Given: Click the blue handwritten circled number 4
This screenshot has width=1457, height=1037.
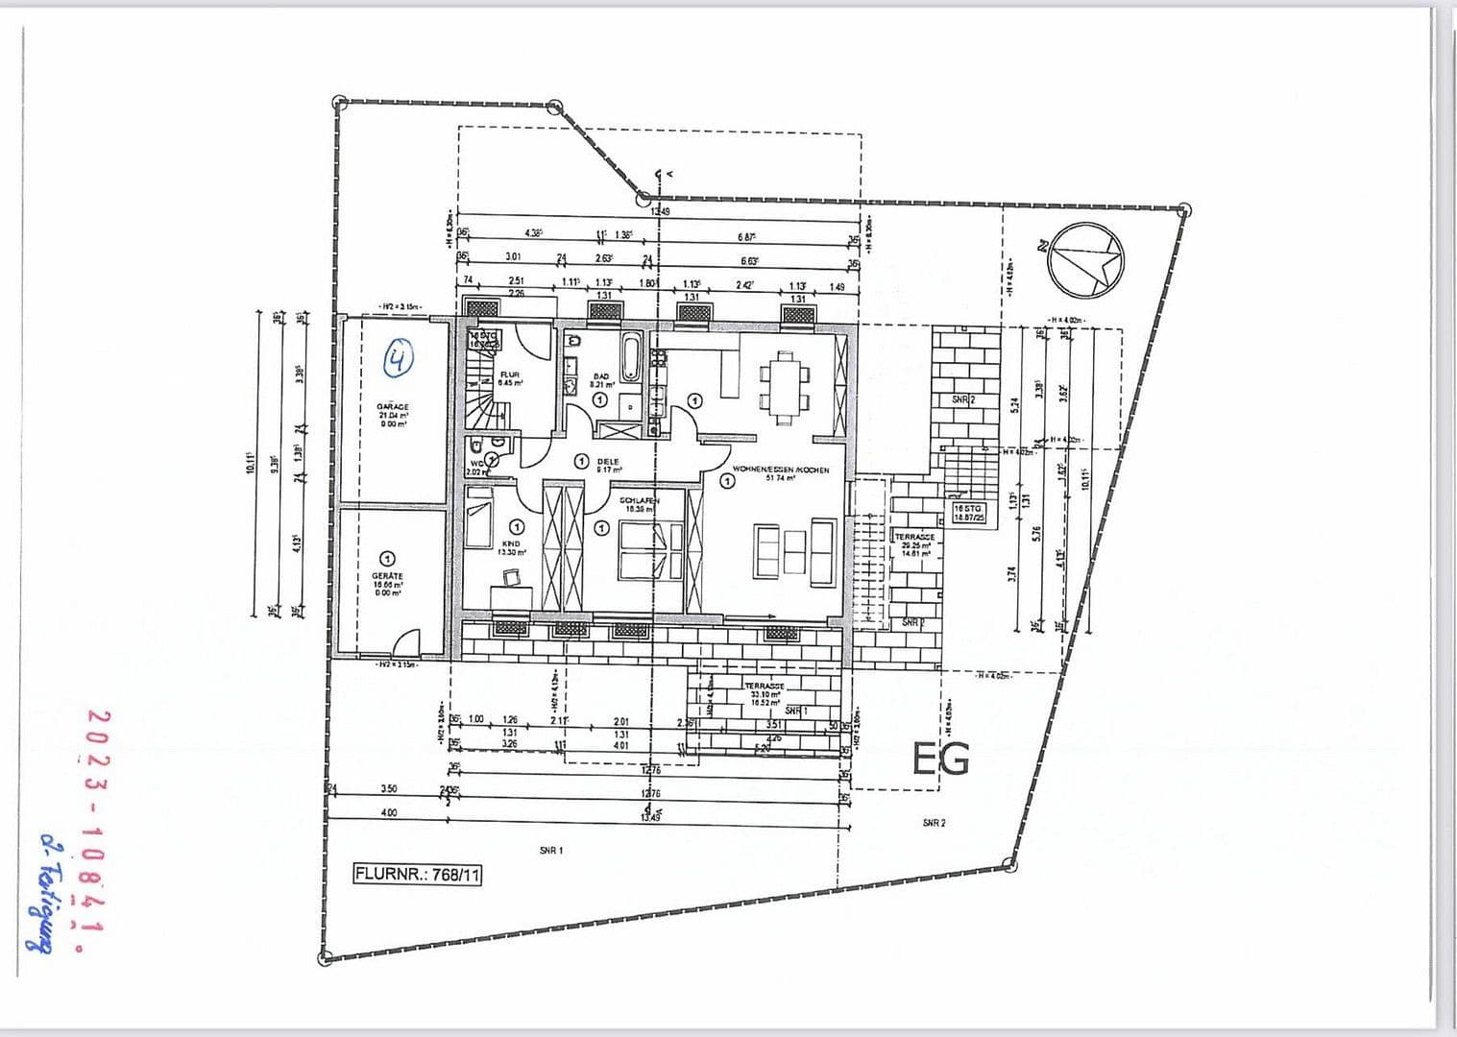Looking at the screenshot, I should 399,358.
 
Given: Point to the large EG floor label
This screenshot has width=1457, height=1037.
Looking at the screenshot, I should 940,760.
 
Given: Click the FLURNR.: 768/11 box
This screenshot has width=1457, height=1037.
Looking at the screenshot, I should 417,875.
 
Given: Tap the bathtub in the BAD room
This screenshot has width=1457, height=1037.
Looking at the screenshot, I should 631,356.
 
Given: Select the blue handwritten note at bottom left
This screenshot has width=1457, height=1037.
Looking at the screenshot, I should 43,892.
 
